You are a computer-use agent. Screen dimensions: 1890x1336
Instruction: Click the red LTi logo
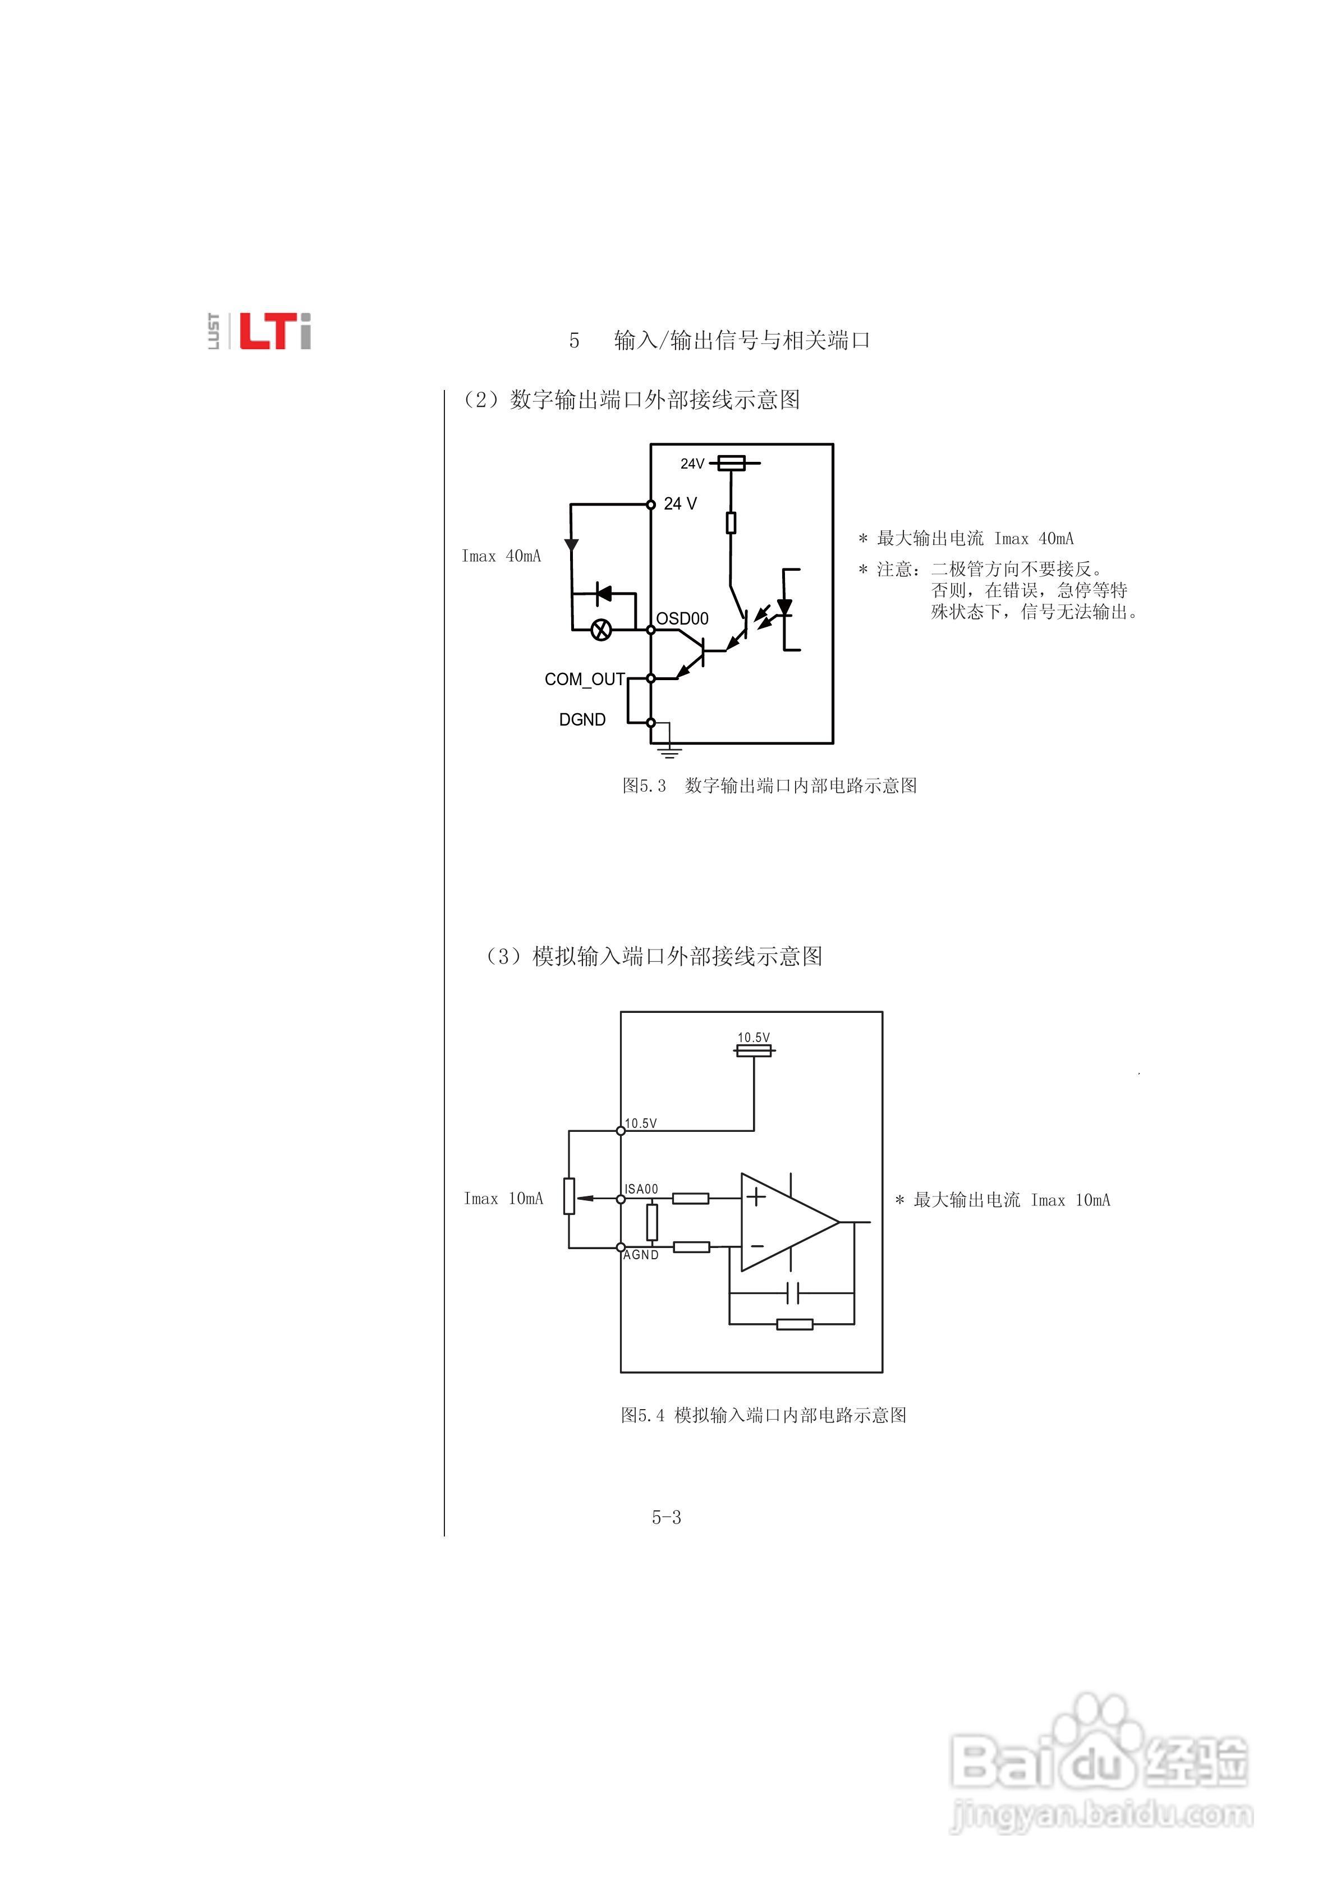(x=274, y=332)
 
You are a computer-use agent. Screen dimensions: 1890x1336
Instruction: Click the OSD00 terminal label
(x=682, y=618)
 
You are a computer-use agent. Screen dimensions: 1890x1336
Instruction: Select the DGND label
(x=582, y=719)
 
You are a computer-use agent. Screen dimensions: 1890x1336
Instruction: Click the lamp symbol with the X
(x=603, y=631)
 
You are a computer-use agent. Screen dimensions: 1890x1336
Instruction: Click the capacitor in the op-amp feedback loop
(x=792, y=1293)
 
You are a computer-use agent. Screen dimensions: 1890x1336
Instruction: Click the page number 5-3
(x=666, y=1517)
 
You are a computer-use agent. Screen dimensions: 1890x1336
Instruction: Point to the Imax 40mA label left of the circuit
(x=501, y=557)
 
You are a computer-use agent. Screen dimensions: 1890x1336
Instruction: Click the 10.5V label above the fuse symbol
(x=753, y=1038)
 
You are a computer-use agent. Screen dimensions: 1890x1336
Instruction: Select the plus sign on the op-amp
(x=756, y=1196)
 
